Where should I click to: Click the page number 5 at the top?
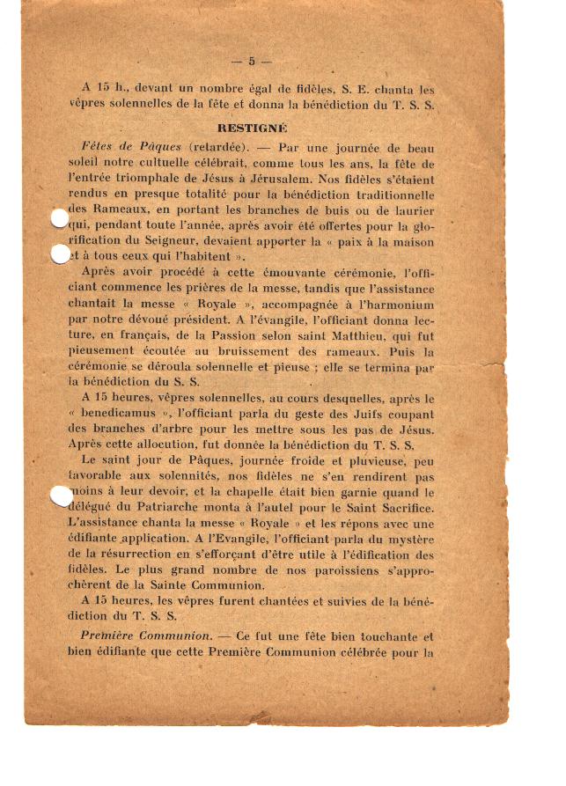(x=252, y=61)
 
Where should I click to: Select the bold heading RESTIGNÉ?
(x=253, y=127)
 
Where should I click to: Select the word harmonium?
(x=400, y=304)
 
